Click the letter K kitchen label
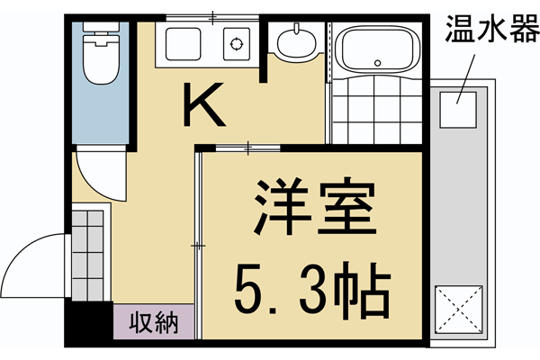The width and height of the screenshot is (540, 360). (x=206, y=106)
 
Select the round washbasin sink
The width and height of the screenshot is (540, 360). (x=293, y=43)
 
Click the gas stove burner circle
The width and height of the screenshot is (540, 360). (x=238, y=43)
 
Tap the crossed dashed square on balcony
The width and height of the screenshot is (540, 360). (x=459, y=310)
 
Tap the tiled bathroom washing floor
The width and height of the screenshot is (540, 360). (x=373, y=115)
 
